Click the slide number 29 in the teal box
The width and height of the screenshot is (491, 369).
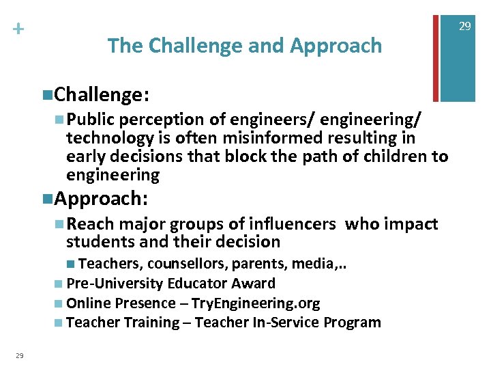(464, 26)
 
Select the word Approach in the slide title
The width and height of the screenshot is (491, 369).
(336, 46)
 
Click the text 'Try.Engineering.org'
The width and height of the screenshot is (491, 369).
(256, 303)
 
